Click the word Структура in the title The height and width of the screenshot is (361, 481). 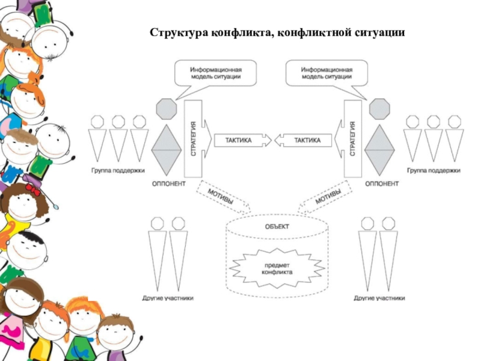177,31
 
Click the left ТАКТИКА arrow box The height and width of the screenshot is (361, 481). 239,141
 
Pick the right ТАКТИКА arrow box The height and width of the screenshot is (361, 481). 307,141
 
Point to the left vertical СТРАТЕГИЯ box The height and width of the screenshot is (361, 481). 194,138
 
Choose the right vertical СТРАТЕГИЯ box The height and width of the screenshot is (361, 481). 352,138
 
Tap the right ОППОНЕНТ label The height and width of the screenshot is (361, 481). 382,183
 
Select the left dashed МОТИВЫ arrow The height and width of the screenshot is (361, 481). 221,197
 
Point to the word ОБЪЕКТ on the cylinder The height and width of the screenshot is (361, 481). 277,227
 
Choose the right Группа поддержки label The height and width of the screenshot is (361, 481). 434,170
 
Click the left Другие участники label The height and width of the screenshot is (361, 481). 168,298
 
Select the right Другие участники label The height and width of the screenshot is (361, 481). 379,298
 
